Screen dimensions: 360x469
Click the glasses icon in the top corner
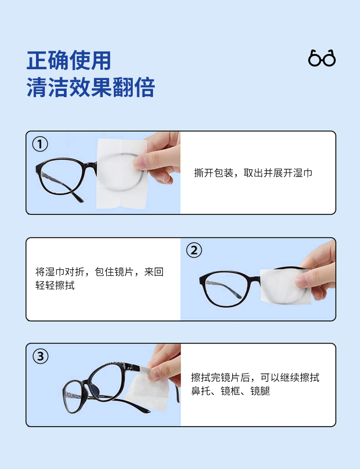tap(322, 58)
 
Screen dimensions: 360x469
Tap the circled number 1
tap(40, 144)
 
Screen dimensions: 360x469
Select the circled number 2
tap(194, 250)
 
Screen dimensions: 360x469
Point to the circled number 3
tap(40, 356)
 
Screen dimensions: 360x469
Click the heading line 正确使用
tap(69, 60)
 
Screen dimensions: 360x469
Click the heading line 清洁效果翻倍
tap(90, 87)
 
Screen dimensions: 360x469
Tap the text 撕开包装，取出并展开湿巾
tap(253, 173)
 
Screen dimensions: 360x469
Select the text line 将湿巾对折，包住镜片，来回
tap(99, 272)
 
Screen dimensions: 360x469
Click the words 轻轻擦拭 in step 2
tap(55, 286)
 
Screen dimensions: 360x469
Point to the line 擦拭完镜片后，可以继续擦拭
tap(255, 377)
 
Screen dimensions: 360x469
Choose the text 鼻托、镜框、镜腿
tap(230, 391)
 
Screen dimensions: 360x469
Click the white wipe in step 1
tap(121, 174)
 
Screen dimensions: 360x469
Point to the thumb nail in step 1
tap(139, 162)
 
